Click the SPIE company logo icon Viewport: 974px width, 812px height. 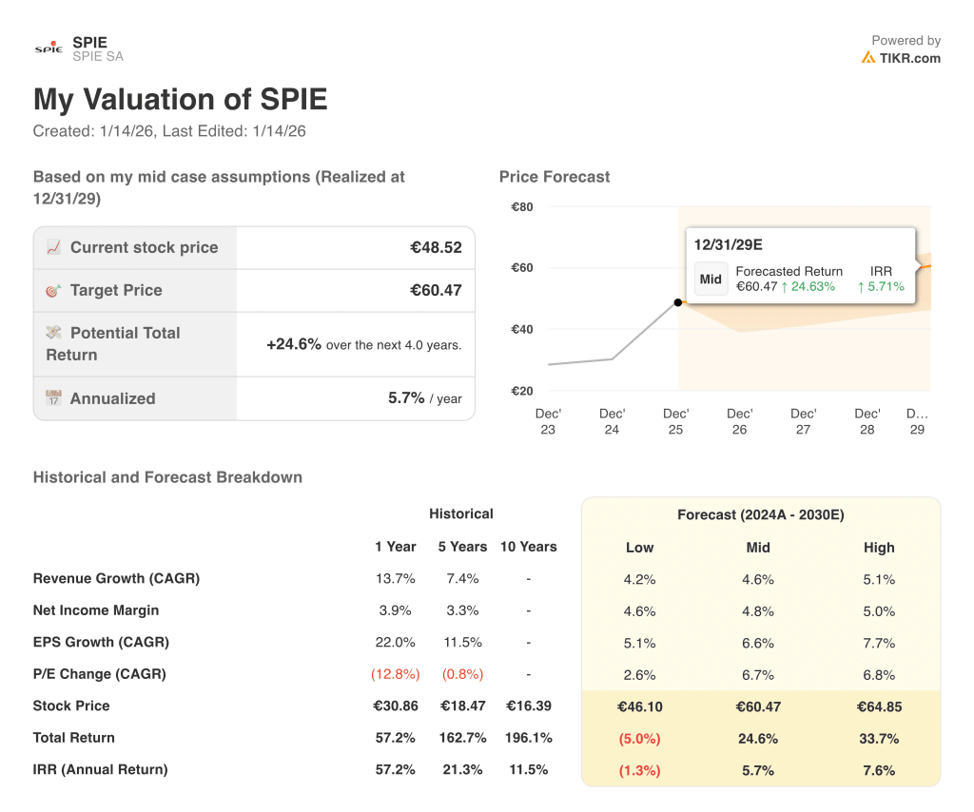[49, 48]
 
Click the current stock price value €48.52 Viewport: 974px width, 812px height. [436, 248]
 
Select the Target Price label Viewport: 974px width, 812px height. [116, 291]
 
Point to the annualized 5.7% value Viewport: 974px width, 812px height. [406, 398]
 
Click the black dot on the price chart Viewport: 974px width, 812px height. [677, 302]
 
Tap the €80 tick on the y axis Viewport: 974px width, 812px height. [521, 207]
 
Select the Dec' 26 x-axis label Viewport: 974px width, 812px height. [739, 421]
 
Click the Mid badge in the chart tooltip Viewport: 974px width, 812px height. [711, 280]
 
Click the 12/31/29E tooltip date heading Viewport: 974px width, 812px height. [728, 244]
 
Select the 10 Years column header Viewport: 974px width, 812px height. [528, 547]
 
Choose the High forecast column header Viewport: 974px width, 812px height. [879, 548]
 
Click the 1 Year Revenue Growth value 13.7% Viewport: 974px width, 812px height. [395, 579]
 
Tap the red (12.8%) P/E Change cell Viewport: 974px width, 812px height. [395, 674]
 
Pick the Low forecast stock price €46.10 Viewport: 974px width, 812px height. [640, 706]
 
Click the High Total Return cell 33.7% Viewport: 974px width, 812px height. [879, 739]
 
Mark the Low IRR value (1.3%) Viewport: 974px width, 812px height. [640, 770]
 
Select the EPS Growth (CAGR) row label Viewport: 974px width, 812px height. [101, 643]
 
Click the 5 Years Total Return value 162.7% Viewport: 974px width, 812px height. [462, 738]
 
